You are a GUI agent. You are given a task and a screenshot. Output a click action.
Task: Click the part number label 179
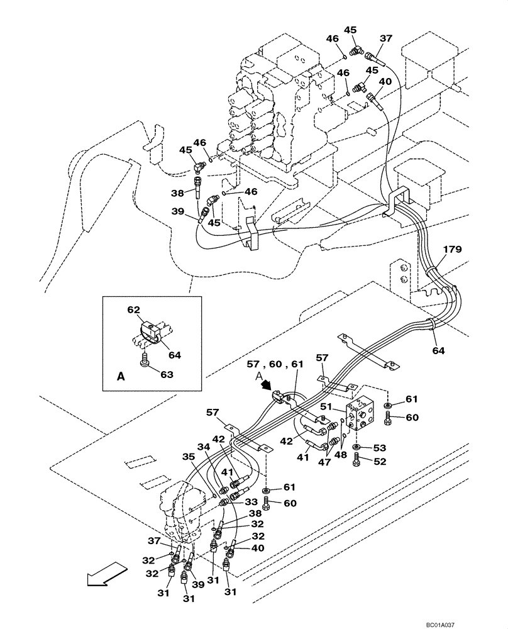pyautogui.click(x=452, y=250)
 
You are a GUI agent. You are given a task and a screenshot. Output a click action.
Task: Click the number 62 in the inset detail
pyautogui.click(x=133, y=310)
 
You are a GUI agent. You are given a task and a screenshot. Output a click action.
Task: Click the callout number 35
pyautogui.click(x=189, y=457)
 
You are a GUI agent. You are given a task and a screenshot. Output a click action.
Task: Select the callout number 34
pyautogui.click(x=202, y=447)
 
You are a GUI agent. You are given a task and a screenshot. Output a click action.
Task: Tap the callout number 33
pyautogui.click(x=251, y=501)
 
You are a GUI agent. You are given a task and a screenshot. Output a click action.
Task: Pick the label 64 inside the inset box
pyautogui.click(x=174, y=355)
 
